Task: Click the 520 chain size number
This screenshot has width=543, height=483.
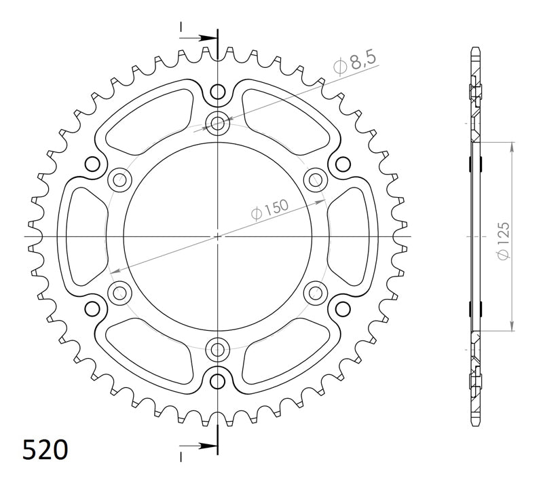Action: pyautogui.click(x=45, y=449)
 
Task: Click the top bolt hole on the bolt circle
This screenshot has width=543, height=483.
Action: pyautogui.click(x=218, y=123)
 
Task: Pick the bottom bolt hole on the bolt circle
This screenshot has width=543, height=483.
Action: pyautogui.click(x=218, y=349)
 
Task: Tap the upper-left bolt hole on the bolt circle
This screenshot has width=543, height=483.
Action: pyautogui.click(x=121, y=180)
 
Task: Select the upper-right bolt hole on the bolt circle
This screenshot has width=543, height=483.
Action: pyautogui.click(x=315, y=180)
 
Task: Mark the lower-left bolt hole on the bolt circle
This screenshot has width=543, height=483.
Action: pyautogui.click(x=121, y=293)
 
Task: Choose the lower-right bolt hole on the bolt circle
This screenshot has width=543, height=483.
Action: pyautogui.click(x=315, y=293)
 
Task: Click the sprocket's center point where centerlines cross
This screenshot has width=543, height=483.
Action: pyautogui.click(x=218, y=236)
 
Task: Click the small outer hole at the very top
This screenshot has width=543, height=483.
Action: pyautogui.click(x=218, y=91)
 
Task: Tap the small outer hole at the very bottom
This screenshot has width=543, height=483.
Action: pyautogui.click(x=218, y=380)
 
